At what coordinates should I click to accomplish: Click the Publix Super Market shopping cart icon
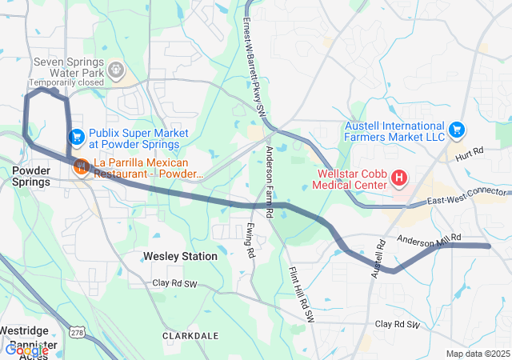[77, 138]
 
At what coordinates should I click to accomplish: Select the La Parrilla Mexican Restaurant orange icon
[81, 166]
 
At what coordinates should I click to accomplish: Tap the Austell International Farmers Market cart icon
[457, 129]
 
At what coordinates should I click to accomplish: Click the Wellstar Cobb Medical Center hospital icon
[399, 178]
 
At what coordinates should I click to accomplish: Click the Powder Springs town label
[31, 176]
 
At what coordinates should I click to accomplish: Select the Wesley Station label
[180, 256]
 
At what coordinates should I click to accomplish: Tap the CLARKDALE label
[190, 336]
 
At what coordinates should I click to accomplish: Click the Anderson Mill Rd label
[430, 238]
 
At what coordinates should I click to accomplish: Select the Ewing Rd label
[250, 241]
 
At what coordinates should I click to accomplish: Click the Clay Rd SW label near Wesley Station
[175, 283]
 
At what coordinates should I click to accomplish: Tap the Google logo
[26, 350]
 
